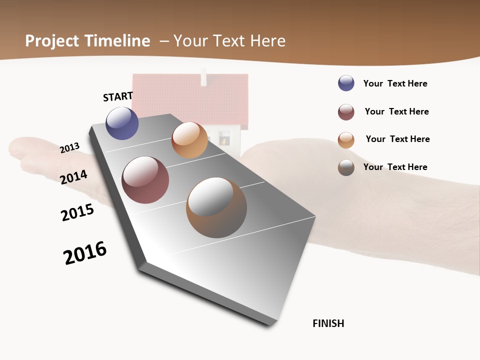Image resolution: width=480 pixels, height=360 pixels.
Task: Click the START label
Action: tap(118, 96)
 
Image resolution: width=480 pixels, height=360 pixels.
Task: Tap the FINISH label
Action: tap(328, 323)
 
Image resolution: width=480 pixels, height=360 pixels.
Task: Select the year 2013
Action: tap(70, 147)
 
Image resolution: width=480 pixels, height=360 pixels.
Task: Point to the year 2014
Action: tap(74, 177)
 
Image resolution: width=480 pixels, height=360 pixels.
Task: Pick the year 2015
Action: tap(77, 212)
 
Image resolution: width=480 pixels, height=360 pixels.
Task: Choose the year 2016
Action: tap(85, 253)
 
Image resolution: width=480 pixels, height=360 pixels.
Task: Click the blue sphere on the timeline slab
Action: tap(122, 123)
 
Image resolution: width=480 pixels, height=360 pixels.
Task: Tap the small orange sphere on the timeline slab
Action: tap(189, 140)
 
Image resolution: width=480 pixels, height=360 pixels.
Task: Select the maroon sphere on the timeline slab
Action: tap(145, 180)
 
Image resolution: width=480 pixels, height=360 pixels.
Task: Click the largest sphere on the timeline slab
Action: tap(216, 207)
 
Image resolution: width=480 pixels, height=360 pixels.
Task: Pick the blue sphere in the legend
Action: tap(346, 83)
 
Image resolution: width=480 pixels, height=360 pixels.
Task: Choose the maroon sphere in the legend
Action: tap(346, 112)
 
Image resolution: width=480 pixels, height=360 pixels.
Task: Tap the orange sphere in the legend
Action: tap(346, 140)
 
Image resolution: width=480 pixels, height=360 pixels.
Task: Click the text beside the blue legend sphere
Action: tap(395, 83)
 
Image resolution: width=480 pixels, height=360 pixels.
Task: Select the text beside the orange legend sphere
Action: tap(397, 139)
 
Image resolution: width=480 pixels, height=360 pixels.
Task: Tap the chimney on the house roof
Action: tap(203, 77)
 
